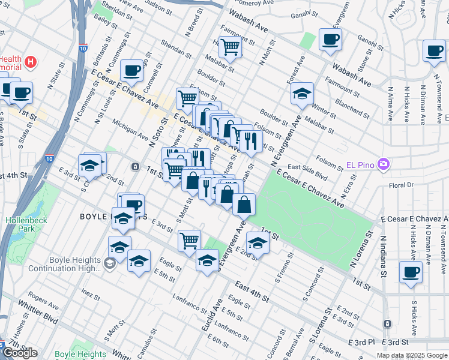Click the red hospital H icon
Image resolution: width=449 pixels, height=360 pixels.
(29, 61)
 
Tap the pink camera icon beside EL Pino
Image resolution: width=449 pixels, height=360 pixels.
(384, 164)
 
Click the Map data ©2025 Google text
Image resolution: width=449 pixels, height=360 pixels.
(411, 355)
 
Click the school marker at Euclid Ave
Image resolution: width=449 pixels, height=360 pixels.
(207, 260)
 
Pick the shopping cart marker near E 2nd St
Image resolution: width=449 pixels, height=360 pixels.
(189, 240)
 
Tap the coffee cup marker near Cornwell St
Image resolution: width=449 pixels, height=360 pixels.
(131, 70)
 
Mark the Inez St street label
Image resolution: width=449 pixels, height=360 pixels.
(90, 295)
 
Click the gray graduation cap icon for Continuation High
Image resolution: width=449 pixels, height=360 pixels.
(109, 263)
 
